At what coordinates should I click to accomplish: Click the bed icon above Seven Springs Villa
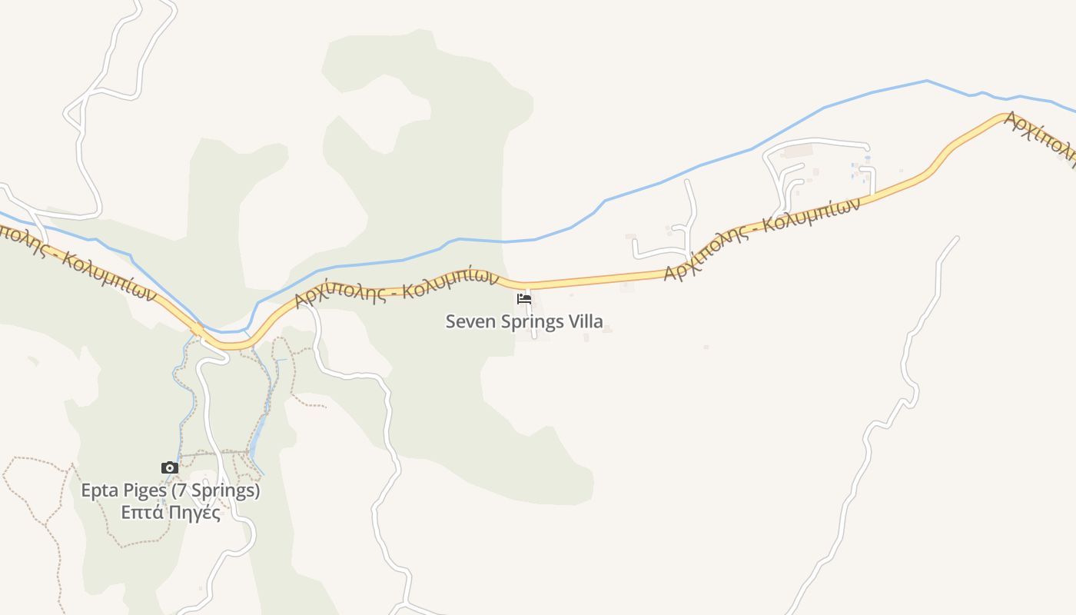point(524,298)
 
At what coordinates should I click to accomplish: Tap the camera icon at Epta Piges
point(170,467)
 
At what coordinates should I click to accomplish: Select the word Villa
point(585,321)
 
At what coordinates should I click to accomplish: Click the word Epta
point(100,490)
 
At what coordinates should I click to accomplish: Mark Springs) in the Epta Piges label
point(226,490)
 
